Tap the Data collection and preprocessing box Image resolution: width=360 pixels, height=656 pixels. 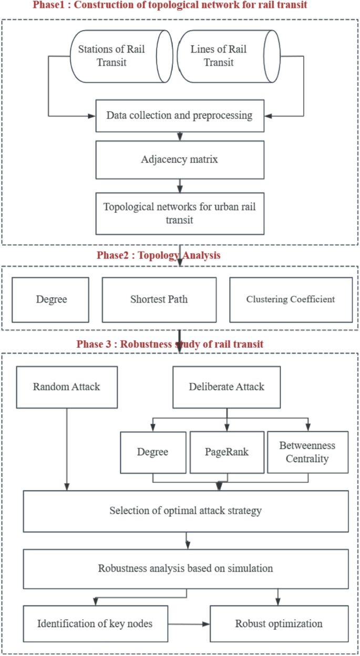point(180,116)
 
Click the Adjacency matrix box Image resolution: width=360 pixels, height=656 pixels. point(180,159)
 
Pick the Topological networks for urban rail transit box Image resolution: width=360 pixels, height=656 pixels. point(180,213)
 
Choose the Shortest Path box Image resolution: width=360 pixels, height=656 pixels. point(159,299)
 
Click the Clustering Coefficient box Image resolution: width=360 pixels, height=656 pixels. point(291,299)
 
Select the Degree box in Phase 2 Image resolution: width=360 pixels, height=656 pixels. point(51,299)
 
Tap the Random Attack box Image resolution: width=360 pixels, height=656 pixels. point(66,387)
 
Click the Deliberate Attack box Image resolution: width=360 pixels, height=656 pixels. point(227,387)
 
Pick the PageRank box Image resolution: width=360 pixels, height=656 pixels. point(227,452)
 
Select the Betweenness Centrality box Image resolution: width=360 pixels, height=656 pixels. point(307,452)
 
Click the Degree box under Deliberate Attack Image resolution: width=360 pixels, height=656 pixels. point(153,452)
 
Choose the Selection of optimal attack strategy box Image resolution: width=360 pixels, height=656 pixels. point(186,511)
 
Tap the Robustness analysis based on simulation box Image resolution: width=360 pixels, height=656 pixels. point(186,568)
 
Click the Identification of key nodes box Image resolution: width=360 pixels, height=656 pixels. point(95,624)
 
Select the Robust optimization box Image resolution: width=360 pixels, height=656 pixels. point(279,624)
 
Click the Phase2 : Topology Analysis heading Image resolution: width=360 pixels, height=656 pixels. point(158,256)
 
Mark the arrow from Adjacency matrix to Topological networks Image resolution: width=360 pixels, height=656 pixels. point(180,185)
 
